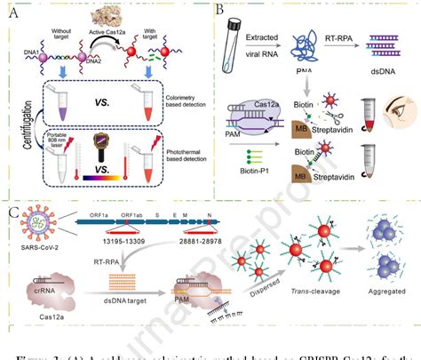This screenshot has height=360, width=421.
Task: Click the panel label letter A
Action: click(x=12, y=10)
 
